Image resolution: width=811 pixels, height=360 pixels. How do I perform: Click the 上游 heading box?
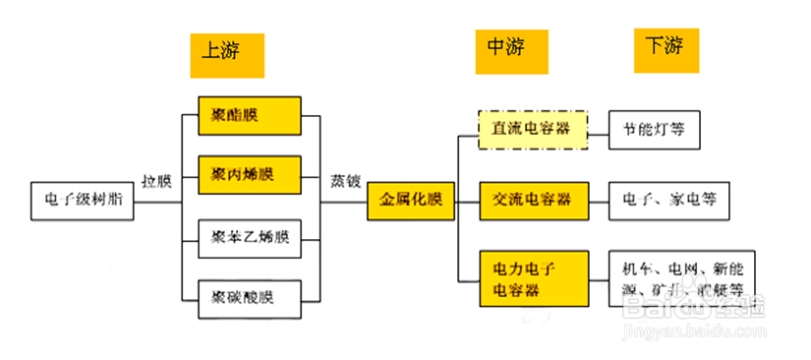(x=227, y=54)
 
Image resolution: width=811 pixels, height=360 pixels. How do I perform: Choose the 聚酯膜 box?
(x=248, y=116)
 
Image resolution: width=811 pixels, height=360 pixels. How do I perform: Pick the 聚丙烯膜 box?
(x=248, y=174)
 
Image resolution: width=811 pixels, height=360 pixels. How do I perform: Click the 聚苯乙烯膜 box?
(x=248, y=237)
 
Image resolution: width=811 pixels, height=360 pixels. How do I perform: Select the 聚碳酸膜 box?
(x=248, y=295)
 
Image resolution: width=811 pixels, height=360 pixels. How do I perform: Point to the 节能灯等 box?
(x=654, y=129)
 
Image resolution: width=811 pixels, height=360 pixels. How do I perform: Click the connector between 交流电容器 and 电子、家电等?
(x=598, y=200)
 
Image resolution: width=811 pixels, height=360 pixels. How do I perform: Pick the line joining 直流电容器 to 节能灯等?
(x=598, y=129)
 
